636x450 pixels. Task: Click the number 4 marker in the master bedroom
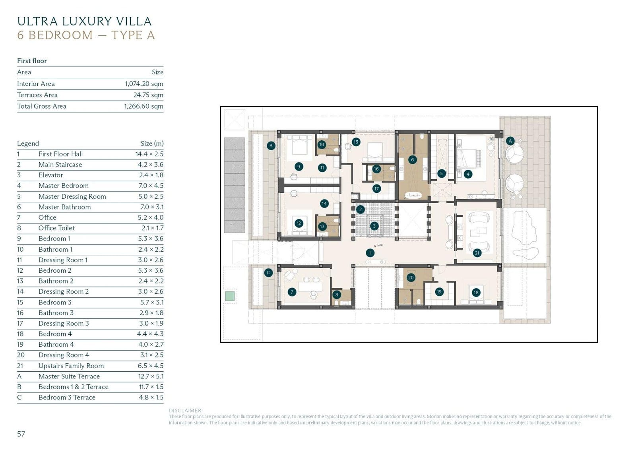click(468, 174)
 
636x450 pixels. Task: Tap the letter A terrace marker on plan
click(510, 141)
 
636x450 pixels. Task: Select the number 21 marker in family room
click(477, 253)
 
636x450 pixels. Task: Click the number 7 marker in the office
click(292, 292)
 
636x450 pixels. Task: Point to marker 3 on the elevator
click(374, 226)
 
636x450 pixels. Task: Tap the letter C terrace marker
click(268, 273)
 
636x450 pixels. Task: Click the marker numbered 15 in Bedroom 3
click(356, 142)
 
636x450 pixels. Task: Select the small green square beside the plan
click(229, 296)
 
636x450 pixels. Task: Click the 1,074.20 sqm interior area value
click(144, 83)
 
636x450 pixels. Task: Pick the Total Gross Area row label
click(42, 106)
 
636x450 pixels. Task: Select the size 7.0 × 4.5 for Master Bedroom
click(151, 186)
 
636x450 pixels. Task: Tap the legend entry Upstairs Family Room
click(71, 366)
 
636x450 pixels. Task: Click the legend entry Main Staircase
click(60, 165)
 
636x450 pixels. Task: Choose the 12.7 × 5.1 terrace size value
click(151, 376)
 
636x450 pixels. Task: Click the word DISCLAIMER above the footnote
click(185, 410)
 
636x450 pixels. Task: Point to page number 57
click(21, 434)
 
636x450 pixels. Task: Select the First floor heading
click(32, 61)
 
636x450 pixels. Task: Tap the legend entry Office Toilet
click(56, 228)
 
